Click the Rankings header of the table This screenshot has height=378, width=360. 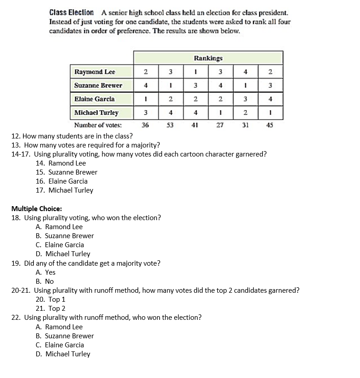click(208, 58)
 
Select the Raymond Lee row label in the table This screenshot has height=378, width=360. click(95, 72)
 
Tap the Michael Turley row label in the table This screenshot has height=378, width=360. click(97, 113)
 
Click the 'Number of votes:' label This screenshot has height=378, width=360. click(97, 125)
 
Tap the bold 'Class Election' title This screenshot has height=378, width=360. click(72, 13)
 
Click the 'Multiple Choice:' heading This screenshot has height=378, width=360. click(37, 208)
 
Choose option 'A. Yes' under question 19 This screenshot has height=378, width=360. click(46, 272)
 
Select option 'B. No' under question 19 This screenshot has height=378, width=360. click(45, 281)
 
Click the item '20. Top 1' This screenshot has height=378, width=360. click(51, 300)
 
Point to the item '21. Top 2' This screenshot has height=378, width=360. click(51, 309)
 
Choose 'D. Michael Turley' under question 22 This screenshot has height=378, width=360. click(63, 354)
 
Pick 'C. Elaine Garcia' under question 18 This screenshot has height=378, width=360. click(60, 245)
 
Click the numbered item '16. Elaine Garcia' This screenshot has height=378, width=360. click(62, 181)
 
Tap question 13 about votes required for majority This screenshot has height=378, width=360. click(85, 145)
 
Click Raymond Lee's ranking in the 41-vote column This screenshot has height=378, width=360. click(195, 72)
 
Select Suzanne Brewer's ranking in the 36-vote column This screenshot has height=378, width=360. click(145, 85)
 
